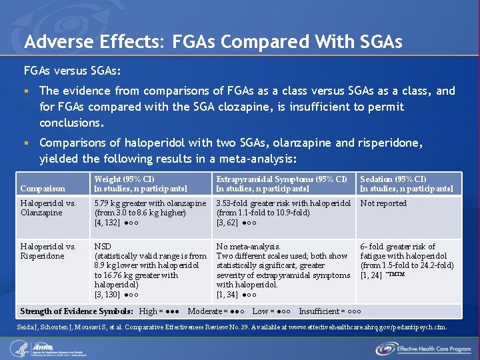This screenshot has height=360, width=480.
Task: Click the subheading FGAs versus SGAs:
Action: (72, 70)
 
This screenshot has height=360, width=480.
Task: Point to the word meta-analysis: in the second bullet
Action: (257, 159)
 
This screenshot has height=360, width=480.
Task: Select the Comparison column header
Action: (43, 189)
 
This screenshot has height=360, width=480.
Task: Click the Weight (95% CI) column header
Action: (124, 179)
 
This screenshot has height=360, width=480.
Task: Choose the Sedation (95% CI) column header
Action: (393, 179)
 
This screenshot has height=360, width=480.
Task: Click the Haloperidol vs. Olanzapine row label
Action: (48, 208)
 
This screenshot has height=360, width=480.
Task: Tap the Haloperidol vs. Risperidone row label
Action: (48, 251)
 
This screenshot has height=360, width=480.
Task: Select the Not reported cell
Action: (383, 203)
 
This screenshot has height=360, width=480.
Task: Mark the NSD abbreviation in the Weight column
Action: (103, 247)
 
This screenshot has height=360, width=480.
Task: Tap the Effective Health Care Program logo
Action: (422, 348)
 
